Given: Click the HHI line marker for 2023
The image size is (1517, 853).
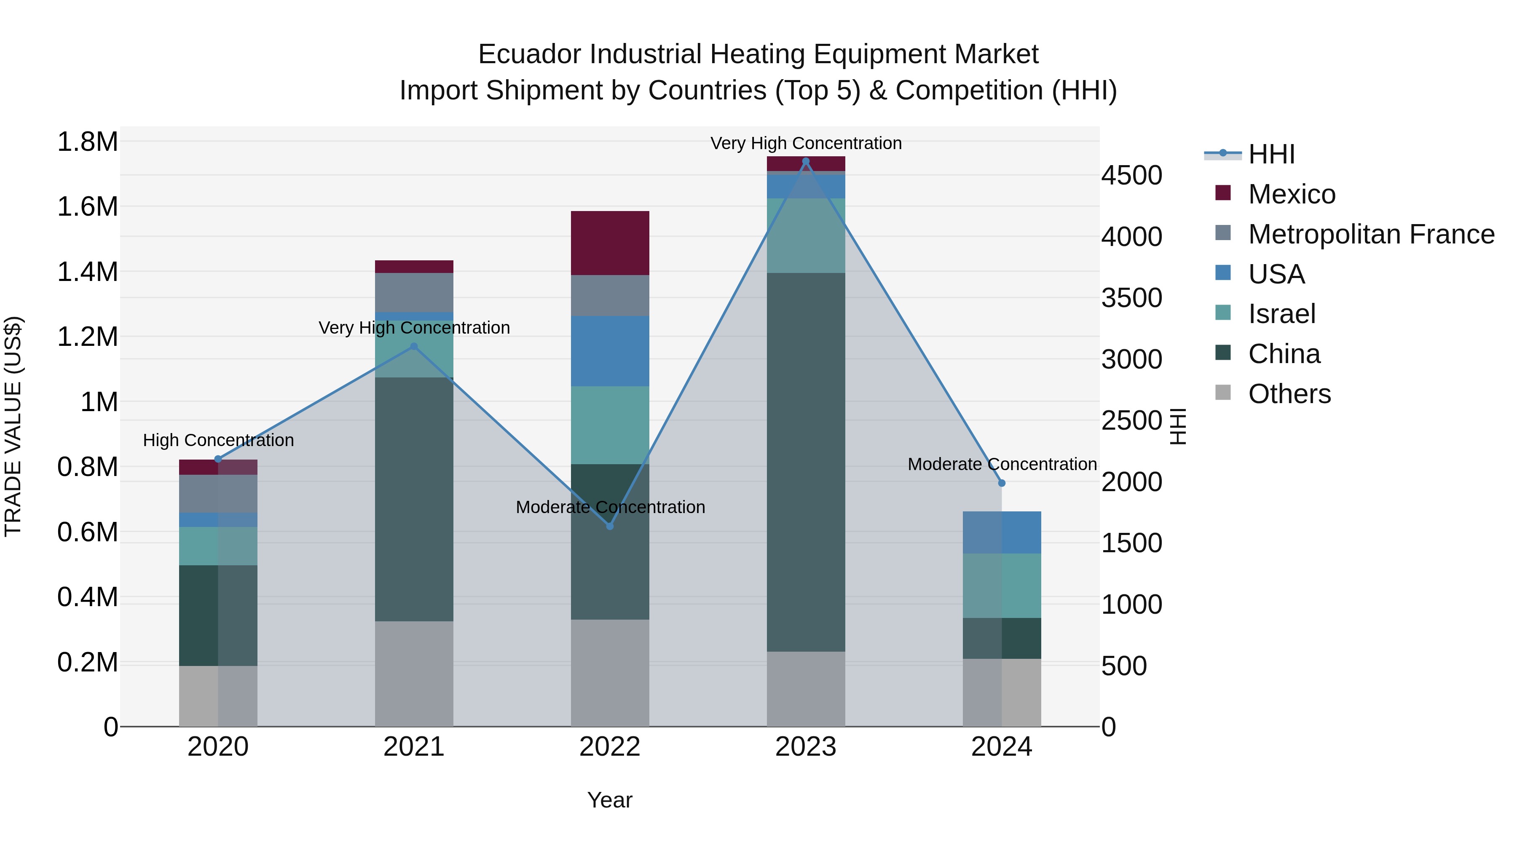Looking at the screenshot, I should click(806, 161).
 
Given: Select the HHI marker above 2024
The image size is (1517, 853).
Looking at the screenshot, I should click(1002, 483).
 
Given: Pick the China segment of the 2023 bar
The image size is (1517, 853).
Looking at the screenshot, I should click(806, 462).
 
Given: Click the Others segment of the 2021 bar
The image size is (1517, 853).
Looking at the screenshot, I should click(414, 674).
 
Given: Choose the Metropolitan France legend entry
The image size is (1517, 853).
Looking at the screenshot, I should click(1371, 234).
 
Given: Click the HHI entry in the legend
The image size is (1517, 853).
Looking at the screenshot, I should click(1271, 154).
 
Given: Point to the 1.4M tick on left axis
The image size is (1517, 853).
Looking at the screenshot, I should click(87, 272).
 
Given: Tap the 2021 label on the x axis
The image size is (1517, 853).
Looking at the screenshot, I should click(414, 747).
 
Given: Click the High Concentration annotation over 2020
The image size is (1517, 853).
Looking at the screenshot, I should click(218, 440).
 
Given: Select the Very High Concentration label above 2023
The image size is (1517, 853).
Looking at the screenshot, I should click(806, 143).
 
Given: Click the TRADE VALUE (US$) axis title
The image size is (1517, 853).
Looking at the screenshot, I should click(13, 426).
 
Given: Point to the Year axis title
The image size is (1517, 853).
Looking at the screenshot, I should click(609, 800).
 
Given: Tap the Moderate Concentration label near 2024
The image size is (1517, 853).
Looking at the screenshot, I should click(1002, 464).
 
